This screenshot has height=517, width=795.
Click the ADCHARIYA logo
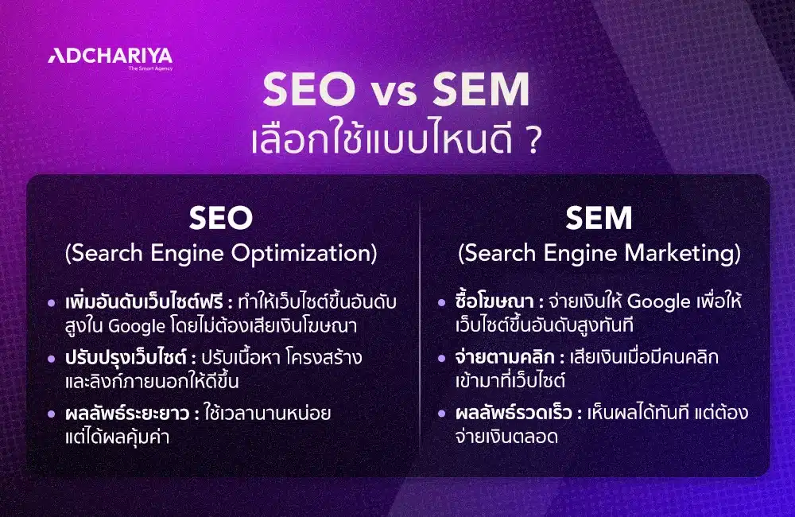[x=110, y=56]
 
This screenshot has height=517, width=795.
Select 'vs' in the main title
[x=397, y=94]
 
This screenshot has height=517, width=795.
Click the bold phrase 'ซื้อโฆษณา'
[x=491, y=302]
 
